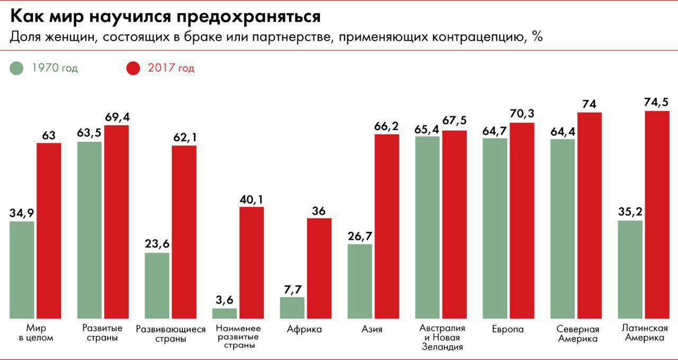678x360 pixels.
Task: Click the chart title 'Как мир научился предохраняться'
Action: [166, 16]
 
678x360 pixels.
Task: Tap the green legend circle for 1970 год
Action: [17, 68]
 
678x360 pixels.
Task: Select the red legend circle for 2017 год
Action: [133, 68]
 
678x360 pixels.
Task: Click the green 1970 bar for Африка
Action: [292, 308]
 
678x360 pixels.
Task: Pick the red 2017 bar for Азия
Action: [387, 226]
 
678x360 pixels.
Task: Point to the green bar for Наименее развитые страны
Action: [225, 313]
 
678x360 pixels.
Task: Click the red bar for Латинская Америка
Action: [657, 214]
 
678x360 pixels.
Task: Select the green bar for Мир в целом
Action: [22, 269]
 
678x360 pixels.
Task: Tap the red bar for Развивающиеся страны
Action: [184, 232]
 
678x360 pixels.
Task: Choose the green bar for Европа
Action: [495, 228]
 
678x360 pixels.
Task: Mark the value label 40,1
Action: [252, 199]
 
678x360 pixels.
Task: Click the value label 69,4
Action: [117, 117]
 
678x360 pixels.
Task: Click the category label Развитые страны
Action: [103, 333]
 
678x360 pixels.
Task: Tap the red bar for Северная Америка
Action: [590, 215]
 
